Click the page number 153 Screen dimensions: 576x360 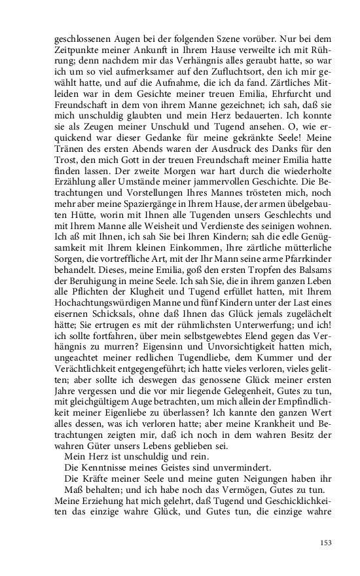pyautogui.click(x=327, y=542)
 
